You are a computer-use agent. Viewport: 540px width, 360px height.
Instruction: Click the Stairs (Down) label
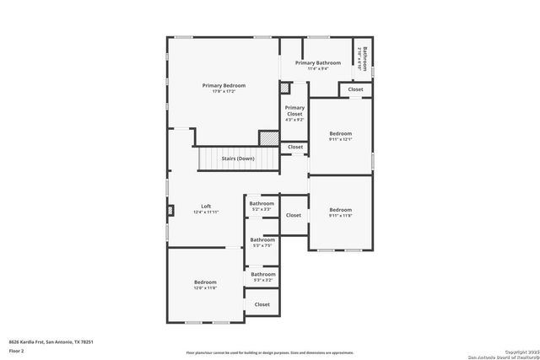[x=238, y=159]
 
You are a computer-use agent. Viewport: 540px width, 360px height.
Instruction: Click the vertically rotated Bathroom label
[x=363, y=56]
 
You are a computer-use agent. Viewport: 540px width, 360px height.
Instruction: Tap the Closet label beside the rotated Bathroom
[x=355, y=89]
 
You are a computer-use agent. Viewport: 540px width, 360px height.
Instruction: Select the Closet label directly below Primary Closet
[x=294, y=147]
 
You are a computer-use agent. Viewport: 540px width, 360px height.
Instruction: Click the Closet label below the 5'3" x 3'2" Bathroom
[x=262, y=304]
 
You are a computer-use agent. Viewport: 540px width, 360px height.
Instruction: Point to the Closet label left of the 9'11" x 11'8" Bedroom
[x=293, y=215]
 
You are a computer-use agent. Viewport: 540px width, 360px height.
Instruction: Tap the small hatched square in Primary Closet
[x=285, y=87]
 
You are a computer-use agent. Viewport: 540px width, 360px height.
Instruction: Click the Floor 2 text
[x=17, y=350]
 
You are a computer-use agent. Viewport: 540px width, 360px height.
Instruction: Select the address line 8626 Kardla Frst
[x=51, y=341]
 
